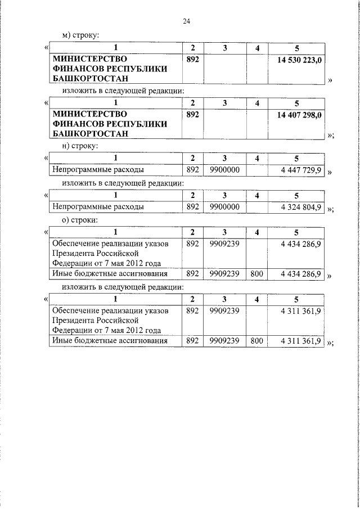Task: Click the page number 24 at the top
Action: (187, 21)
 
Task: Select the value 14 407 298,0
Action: (299, 114)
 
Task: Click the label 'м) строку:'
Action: (80, 35)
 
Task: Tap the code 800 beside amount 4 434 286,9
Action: (256, 274)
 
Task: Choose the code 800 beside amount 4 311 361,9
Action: (256, 341)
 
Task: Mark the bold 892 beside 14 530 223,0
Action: (192, 58)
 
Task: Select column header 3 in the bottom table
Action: (224, 299)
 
